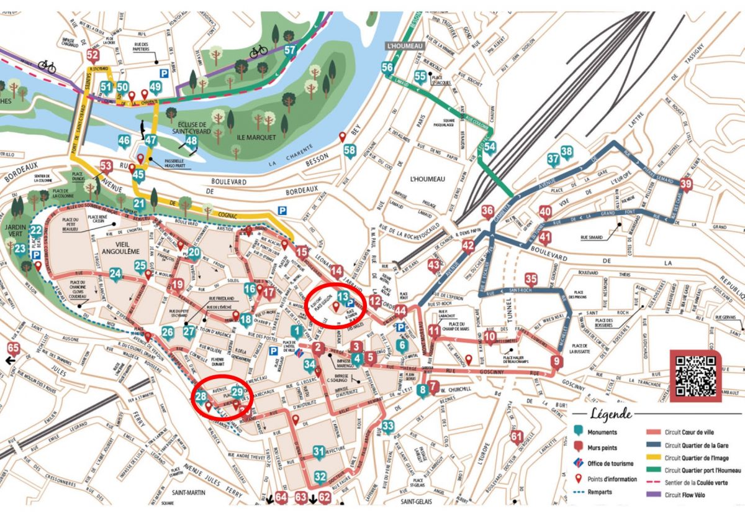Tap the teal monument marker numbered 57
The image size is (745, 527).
pos(290,50)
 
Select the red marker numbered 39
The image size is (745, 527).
pos(685,184)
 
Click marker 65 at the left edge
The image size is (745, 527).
pos(13,348)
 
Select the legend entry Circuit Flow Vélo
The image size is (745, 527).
pos(689,495)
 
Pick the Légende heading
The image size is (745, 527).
pos(611,415)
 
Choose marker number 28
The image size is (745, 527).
pos(201,397)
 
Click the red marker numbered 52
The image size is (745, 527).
pos(93,55)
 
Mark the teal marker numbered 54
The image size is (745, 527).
pos(490,147)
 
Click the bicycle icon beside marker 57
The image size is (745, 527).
pos(259,52)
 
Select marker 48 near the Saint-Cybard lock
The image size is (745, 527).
pos(191,141)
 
